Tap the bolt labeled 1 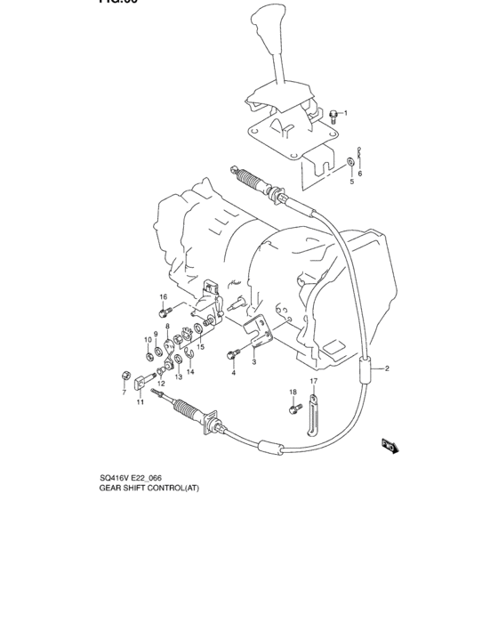tap(332, 113)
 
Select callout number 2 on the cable tap(387, 368)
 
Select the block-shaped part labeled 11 tap(141, 384)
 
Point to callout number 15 tap(202, 347)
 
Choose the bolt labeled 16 tap(166, 311)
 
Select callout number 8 tap(166, 328)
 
